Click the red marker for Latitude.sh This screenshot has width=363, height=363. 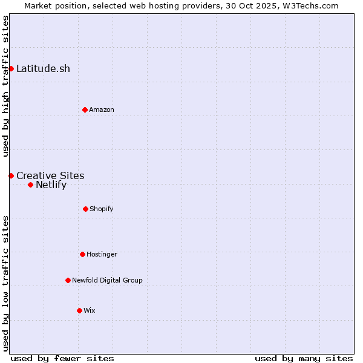(x=11, y=68)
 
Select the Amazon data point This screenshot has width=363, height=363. (x=85, y=110)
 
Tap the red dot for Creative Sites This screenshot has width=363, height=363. (x=11, y=175)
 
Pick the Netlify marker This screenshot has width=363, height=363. (x=30, y=185)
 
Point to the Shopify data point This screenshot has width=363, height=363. (x=85, y=209)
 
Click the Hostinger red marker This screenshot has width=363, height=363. (x=82, y=254)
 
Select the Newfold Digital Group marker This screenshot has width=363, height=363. (x=68, y=280)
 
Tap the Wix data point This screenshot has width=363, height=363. (x=79, y=310)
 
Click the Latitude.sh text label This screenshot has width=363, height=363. (x=43, y=68)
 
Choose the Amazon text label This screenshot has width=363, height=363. (x=102, y=110)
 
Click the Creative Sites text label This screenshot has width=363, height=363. (x=50, y=175)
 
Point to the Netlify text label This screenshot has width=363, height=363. (x=51, y=185)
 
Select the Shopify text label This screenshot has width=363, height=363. (x=102, y=209)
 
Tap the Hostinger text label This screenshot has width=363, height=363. (x=102, y=254)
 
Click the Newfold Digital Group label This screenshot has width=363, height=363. (x=107, y=280)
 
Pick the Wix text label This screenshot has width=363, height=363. (x=90, y=310)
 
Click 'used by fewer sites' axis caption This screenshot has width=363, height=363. (x=62, y=358)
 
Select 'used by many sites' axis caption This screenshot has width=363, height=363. (x=304, y=358)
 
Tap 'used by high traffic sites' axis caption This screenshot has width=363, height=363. (x=5, y=86)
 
